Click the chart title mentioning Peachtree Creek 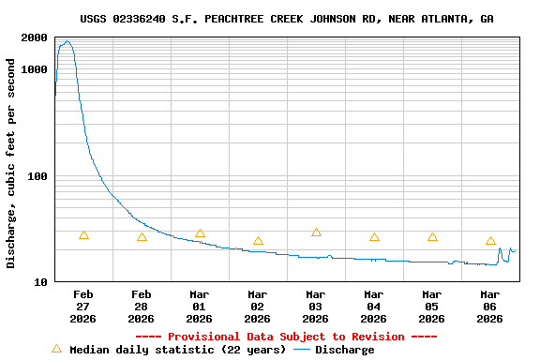click(286, 19)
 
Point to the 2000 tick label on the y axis click(35, 37)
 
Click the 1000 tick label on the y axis click(35, 69)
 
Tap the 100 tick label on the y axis click(38, 176)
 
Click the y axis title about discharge click(11, 163)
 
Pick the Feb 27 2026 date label click(83, 306)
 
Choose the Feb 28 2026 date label click(142, 306)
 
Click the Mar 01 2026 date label click(200, 306)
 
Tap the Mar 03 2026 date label click(316, 306)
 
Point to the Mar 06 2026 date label click(490, 306)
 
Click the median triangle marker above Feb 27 click(83, 235)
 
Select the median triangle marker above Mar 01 click(200, 233)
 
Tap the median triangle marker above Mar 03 click(316, 232)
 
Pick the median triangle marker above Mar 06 click(490, 241)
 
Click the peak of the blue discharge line click(67, 41)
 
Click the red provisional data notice click(286, 337)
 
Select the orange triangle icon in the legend click(56, 349)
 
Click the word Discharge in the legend click(344, 350)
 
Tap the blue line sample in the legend click(302, 350)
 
